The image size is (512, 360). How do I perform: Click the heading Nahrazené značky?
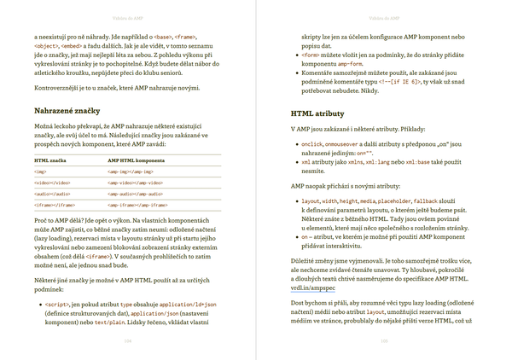point(68,111)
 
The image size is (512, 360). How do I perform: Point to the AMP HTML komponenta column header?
point(136,160)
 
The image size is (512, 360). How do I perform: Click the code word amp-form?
point(352,64)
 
